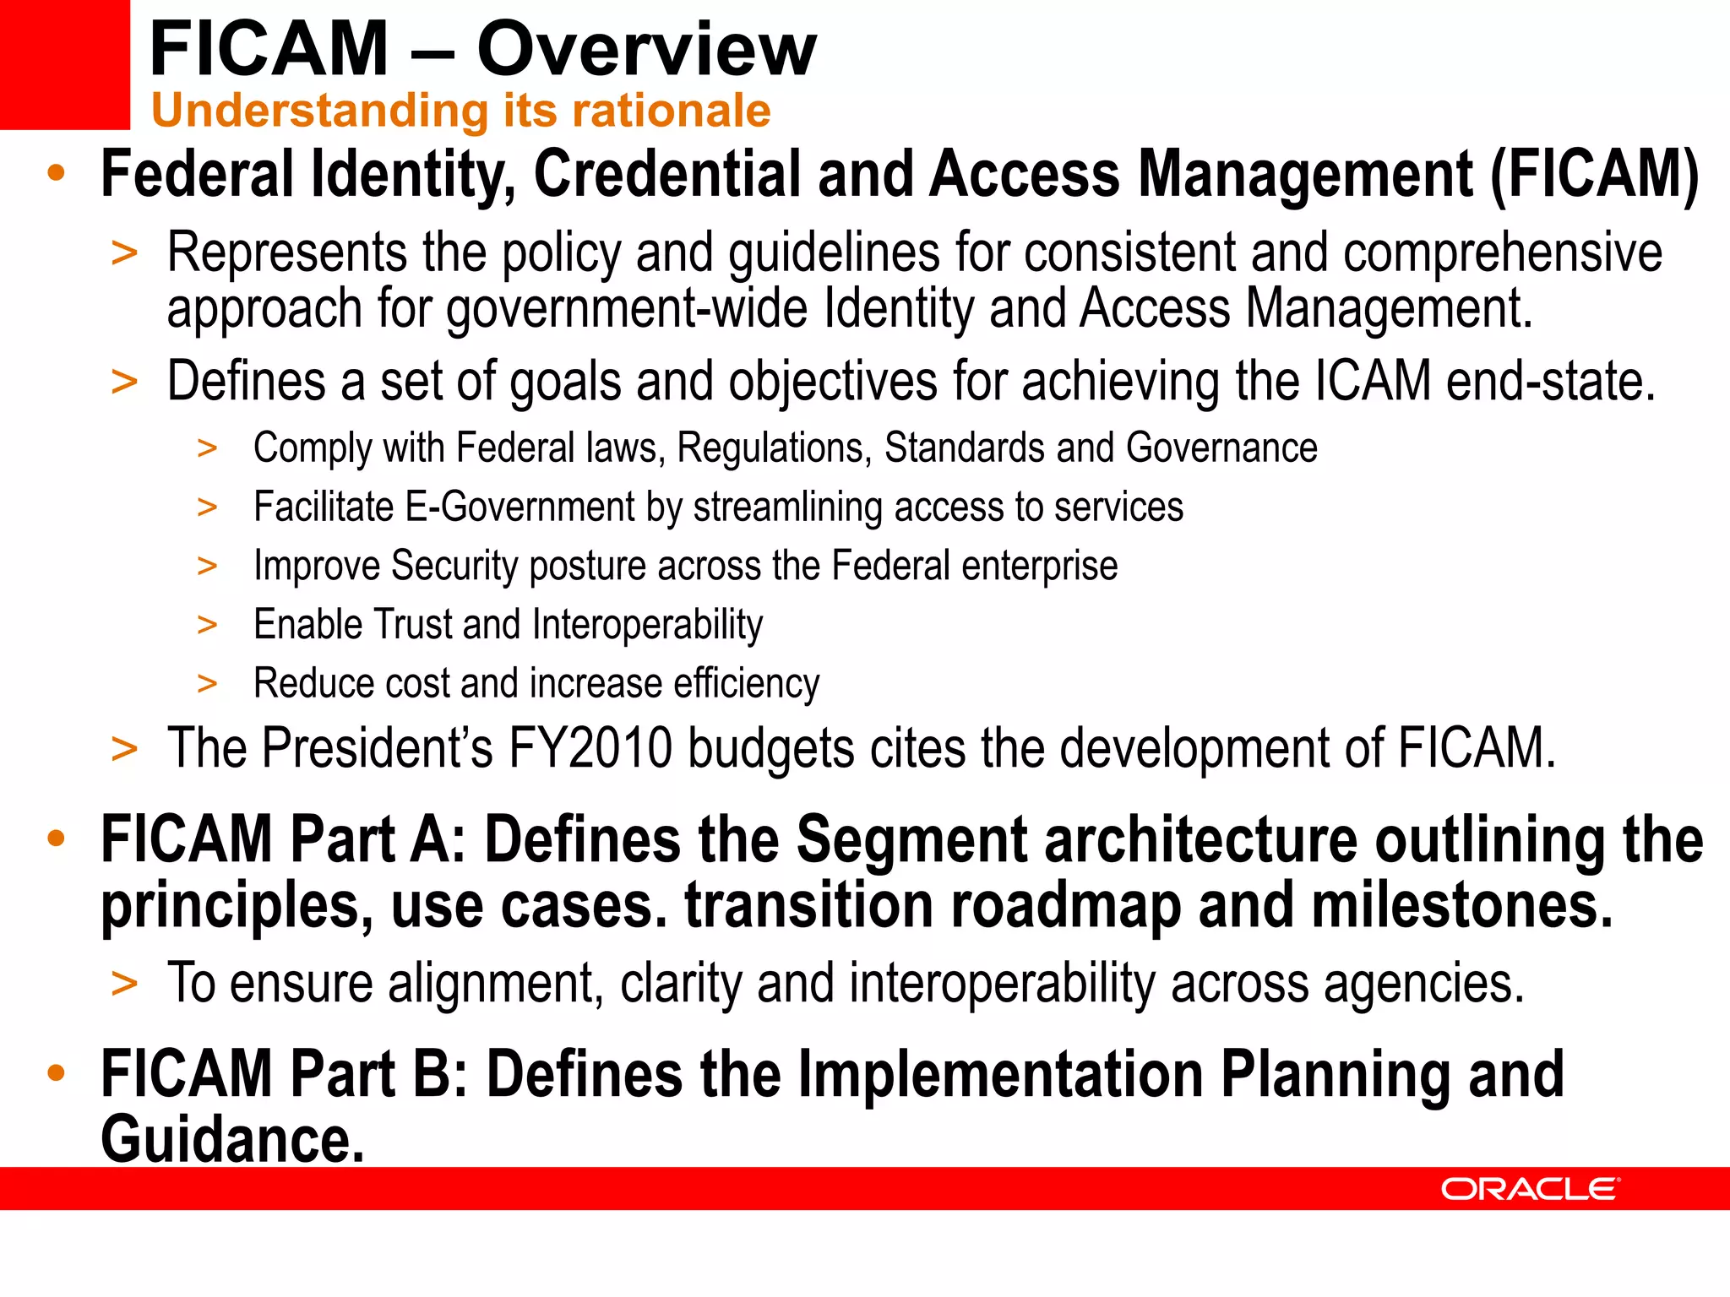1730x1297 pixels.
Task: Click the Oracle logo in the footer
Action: tap(1530, 1189)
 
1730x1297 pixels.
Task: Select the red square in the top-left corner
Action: tap(64, 64)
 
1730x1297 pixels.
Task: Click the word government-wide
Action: tap(627, 308)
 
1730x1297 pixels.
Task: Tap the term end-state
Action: tap(1550, 382)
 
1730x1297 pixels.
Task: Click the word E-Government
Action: tap(520, 507)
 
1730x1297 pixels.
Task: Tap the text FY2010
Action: tap(590, 748)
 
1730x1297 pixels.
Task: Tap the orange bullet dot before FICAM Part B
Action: tap(57, 1073)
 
